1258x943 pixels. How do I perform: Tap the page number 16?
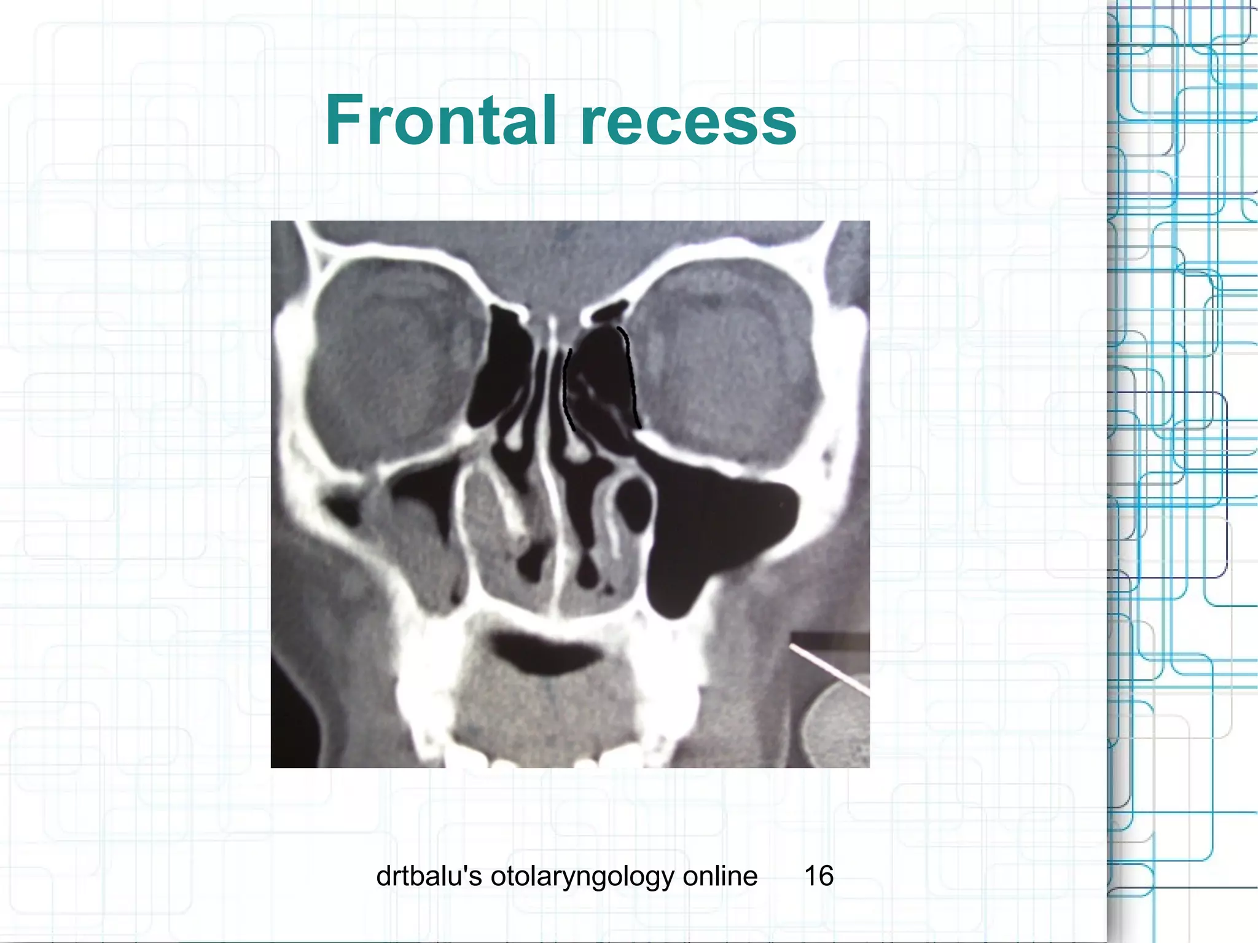(818, 876)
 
